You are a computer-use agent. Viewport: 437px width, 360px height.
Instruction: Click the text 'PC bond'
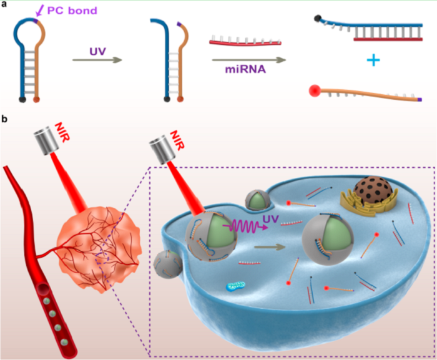click(x=72, y=11)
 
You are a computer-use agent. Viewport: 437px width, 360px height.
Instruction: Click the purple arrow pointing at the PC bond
click(x=40, y=11)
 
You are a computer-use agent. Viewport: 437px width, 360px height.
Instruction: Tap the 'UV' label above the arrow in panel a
click(x=97, y=51)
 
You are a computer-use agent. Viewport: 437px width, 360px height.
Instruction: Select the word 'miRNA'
click(x=245, y=69)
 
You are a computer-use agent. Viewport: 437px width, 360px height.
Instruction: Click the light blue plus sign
click(x=373, y=60)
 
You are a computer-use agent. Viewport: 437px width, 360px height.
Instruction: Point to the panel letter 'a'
click(x=4, y=4)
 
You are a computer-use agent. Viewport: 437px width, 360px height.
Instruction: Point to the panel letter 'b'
click(x=4, y=119)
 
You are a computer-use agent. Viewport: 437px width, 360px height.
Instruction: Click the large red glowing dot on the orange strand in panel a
click(x=315, y=91)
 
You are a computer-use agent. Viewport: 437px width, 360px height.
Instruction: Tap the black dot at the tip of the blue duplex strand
click(x=318, y=19)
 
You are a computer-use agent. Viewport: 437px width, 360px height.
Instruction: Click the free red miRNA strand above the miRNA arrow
click(x=245, y=42)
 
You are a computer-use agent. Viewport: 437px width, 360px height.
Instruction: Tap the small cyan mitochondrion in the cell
click(x=235, y=286)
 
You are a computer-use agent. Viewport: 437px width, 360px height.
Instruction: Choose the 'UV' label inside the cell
click(x=270, y=219)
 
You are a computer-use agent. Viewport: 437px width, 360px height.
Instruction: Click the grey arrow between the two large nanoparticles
click(x=270, y=247)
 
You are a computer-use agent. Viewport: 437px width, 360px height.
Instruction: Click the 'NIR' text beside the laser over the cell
click(x=177, y=140)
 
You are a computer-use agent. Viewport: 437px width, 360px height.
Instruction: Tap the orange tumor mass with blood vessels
click(x=98, y=248)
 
